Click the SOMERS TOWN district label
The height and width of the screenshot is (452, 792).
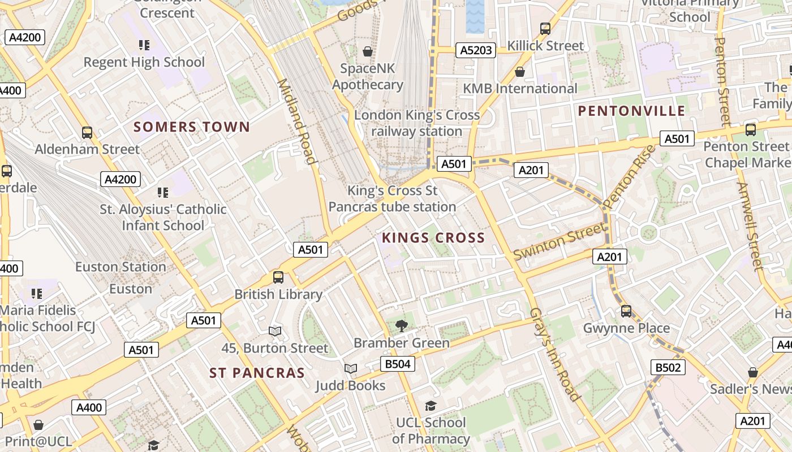pyautogui.click(x=192, y=127)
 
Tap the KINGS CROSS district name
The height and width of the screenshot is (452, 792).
pyautogui.click(x=433, y=238)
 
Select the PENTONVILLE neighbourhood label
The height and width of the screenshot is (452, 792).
pyautogui.click(x=632, y=111)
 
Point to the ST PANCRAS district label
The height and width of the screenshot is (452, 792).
pyautogui.click(x=257, y=373)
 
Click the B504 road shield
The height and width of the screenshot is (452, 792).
pyautogui.click(x=397, y=364)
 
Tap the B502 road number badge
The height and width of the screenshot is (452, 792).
pyautogui.click(x=668, y=368)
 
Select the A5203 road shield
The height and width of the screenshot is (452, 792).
pyautogui.click(x=476, y=50)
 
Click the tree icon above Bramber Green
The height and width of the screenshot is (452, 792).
pyautogui.click(x=402, y=325)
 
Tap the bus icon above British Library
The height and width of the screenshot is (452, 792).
pyautogui.click(x=278, y=277)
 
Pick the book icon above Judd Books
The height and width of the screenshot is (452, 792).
pyautogui.click(x=351, y=369)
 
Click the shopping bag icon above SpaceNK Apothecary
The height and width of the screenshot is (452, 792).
pyautogui.click(x=368, y=51)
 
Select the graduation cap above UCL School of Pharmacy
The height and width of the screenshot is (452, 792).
pyautogui.click(x=431, y=406)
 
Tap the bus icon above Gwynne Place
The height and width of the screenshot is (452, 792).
pyautogui.click(x=626, y=311)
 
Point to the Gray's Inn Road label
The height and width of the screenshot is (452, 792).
pyautogui.click(x=555, y=354)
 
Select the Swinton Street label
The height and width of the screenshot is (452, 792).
pyautogui.click(x=559, y=242)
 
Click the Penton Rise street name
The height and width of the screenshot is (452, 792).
pyautogui.click(x=629, y=177)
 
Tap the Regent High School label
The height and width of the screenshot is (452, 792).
pyautogui.click(x=144, y=62)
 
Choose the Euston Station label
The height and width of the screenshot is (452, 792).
pyautogui.click(x=120, y=267)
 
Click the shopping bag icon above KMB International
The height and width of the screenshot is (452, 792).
pyautogui.click(x=520, y=72)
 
